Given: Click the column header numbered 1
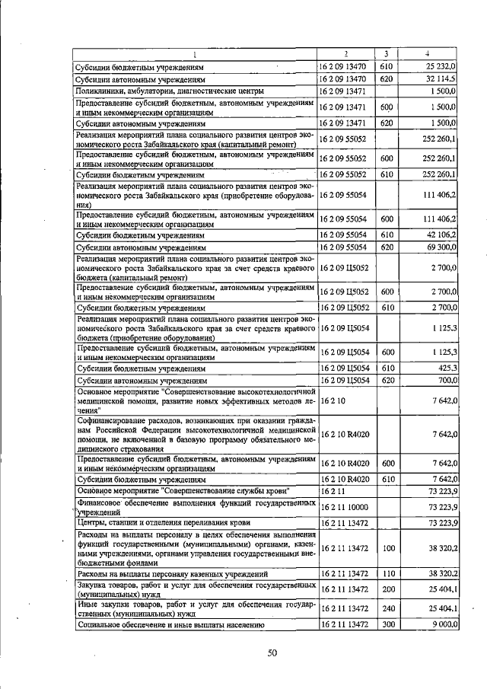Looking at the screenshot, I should (x=195, y=54).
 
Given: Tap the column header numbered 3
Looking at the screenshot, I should (x=387, y=54).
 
